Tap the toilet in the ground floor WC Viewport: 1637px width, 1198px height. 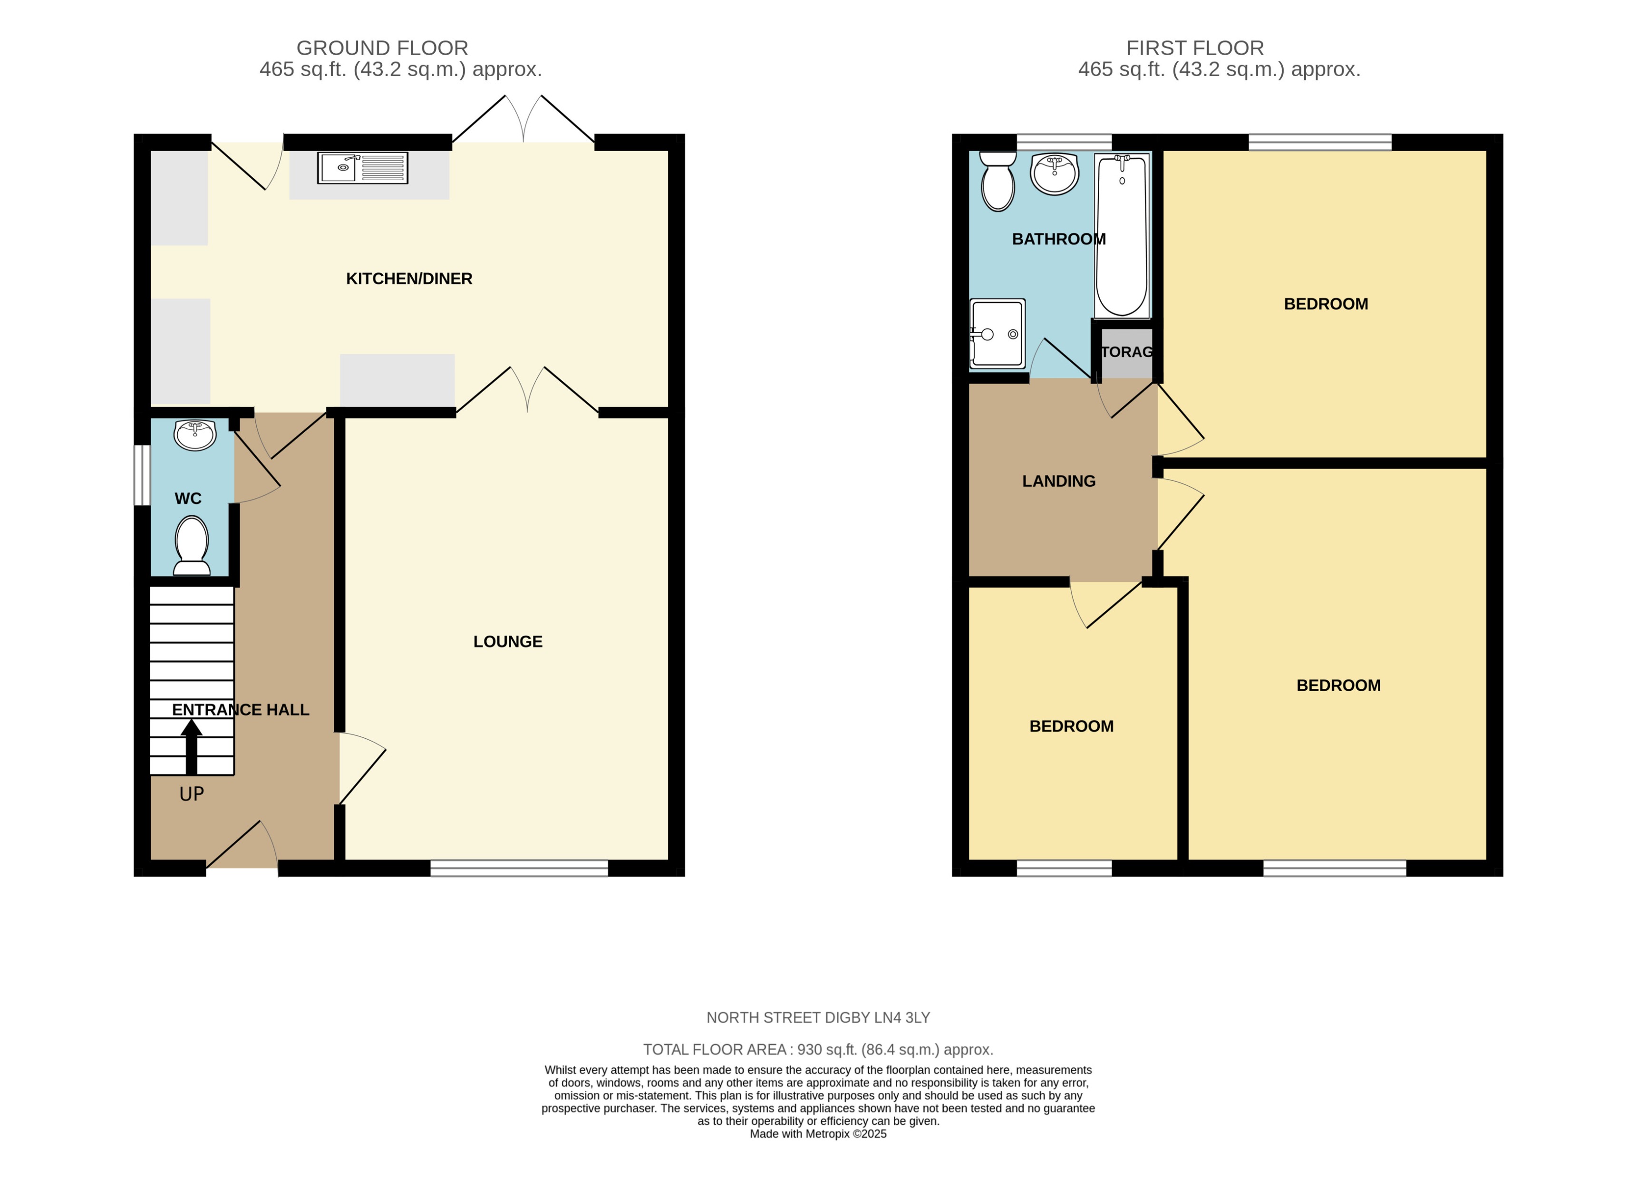[192, 545]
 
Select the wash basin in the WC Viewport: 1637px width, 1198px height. [195, 435]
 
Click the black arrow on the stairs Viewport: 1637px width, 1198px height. [192, 746]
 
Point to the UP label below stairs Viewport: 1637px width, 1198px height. [192, 794]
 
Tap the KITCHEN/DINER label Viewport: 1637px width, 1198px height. [408, 279]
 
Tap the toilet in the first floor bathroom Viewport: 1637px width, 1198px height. [998, 182]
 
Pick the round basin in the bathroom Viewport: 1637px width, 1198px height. [1054, 174]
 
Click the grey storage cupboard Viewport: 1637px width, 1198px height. [1126, 353]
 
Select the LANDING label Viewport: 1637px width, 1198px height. [1058, 481]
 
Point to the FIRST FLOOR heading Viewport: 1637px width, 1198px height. [1194, 48]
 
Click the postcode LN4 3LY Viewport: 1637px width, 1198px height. [901, 1017]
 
